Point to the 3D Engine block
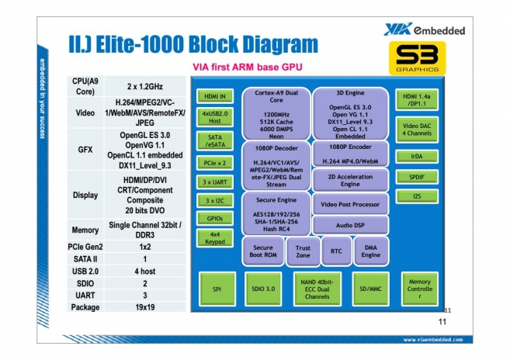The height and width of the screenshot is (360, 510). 350,112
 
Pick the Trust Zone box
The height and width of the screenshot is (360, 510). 303,251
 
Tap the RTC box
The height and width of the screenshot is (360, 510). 336,251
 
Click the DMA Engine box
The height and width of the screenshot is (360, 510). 370,251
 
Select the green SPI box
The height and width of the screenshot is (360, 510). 217,289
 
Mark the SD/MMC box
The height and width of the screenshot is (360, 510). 370,289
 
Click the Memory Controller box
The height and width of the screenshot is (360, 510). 419,289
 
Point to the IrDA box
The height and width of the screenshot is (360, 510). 418,156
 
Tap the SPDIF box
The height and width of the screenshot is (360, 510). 418,176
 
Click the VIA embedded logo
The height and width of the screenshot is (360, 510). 424,29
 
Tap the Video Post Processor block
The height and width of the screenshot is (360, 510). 350,203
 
